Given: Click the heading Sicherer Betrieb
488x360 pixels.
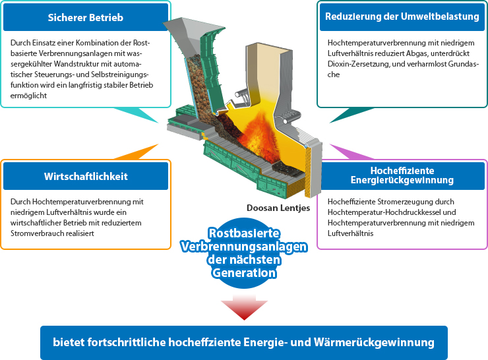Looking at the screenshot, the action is tap(86, 17).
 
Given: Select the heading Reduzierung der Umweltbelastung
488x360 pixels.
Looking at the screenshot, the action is tap(402, 16).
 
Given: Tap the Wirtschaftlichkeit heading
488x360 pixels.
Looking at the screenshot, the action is tap(86, 177).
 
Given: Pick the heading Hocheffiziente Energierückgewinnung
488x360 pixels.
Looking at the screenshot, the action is tap(402, 175).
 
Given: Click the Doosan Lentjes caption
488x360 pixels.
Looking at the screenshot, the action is tap(278, 208).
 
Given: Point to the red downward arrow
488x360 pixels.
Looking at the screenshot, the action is tap(244, 307).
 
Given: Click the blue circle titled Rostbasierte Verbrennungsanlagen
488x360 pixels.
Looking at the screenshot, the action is tap(244, 253).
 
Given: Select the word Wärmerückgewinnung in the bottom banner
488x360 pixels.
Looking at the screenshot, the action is tap(374, 342).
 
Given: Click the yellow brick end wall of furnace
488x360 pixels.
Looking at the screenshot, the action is tap(307, 171).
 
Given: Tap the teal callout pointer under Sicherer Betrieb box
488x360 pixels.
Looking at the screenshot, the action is tap(138, 114).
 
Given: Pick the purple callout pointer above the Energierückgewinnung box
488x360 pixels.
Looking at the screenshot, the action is tap(350, 153).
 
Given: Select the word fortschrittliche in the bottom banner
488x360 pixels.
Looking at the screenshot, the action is tap(127, 342).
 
